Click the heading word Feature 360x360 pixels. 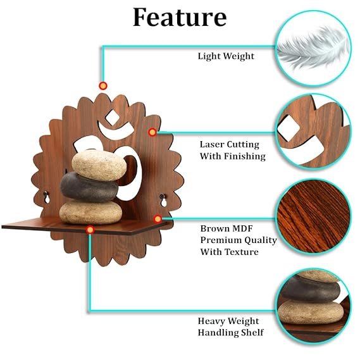(180, 18)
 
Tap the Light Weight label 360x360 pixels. (226, 56)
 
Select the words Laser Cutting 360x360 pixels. (230, 144)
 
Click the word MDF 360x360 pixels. (242, 228)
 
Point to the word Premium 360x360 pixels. (220, 240)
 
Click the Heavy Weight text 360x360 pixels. (228, 321)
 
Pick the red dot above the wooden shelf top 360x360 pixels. (103, 85)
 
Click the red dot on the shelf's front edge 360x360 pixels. (90, 230)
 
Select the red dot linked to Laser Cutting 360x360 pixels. (152, 132)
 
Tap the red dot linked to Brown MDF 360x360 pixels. (158, 219)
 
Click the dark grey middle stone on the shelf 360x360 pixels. (89, 187)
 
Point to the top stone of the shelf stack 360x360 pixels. (99, 164)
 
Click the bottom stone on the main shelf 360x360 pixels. (90, 212)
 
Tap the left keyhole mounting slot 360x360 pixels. (47, 198)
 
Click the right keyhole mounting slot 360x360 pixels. (163, 201)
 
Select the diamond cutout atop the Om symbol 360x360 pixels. (112, 118)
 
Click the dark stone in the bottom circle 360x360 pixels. (311, 290)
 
